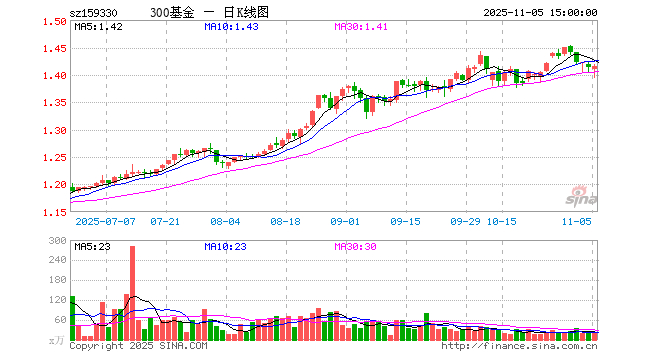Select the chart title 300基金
click(x=171, y=11)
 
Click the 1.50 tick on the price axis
click(x=54, y=21)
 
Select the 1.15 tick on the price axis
click(x=54, y=212)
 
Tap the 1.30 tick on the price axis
click(x=54, y=130)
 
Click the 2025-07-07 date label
click(x=104, y=220)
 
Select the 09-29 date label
click(x=467, y=220)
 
